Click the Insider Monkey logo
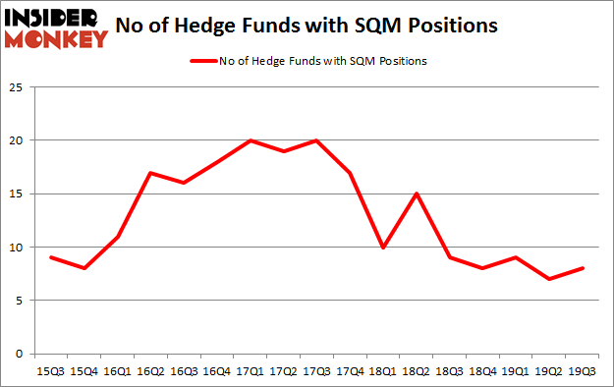point(57,28)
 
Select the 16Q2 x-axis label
point(149,372)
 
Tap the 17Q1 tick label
point(251,372)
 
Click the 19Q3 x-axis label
point(582,372)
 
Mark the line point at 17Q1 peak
point(251,140)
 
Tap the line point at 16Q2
point(149,173)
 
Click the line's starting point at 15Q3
point(49,257)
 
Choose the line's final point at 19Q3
point(582,268)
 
